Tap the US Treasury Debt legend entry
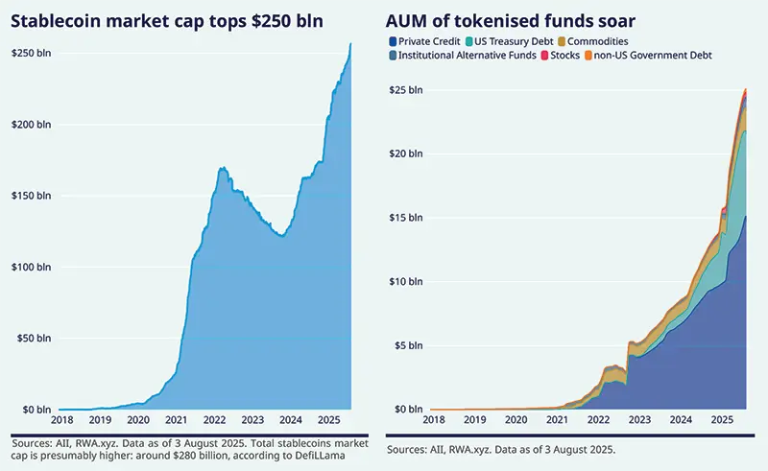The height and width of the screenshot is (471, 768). [x=511, y=41]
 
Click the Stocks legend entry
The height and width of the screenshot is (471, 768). [x=566, y=56]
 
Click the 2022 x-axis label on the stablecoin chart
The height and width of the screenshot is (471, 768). [x=213, y=420]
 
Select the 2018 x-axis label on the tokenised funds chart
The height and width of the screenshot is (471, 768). [x=433, y=420]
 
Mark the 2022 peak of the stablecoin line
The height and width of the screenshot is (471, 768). [x=223, y=169]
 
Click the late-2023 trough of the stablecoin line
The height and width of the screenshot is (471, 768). [x=280, y=236]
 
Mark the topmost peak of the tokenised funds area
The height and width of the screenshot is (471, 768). [x=746, y=89]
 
